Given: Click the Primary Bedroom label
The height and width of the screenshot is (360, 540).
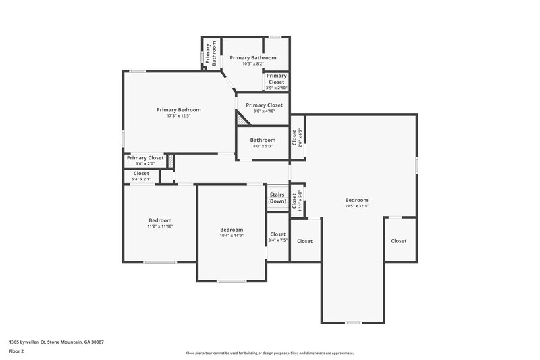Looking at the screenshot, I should (178, 109).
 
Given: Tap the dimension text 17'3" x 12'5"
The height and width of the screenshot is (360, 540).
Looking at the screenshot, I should (178, 115).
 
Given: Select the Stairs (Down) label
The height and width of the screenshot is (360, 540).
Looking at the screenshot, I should (277, 197).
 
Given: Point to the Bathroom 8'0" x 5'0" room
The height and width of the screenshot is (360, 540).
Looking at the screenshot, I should (263, 143).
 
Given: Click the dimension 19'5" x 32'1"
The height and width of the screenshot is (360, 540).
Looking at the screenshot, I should (356, 206).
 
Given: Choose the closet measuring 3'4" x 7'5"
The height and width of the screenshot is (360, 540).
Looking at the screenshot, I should (278, 237).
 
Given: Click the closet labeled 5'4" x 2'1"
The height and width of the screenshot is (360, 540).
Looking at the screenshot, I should (141, 176).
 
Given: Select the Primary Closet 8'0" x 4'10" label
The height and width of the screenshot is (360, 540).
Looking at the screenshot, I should (264, 107).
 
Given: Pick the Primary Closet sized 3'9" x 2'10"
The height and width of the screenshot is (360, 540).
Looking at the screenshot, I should (275, 82).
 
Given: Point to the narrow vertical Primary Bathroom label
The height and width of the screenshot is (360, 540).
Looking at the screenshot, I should (211, 53).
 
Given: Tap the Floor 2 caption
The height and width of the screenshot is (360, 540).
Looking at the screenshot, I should (16, 351).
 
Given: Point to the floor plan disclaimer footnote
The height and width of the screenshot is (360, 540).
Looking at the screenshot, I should (269, 353).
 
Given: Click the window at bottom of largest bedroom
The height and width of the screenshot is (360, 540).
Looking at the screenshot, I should (353, 322).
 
